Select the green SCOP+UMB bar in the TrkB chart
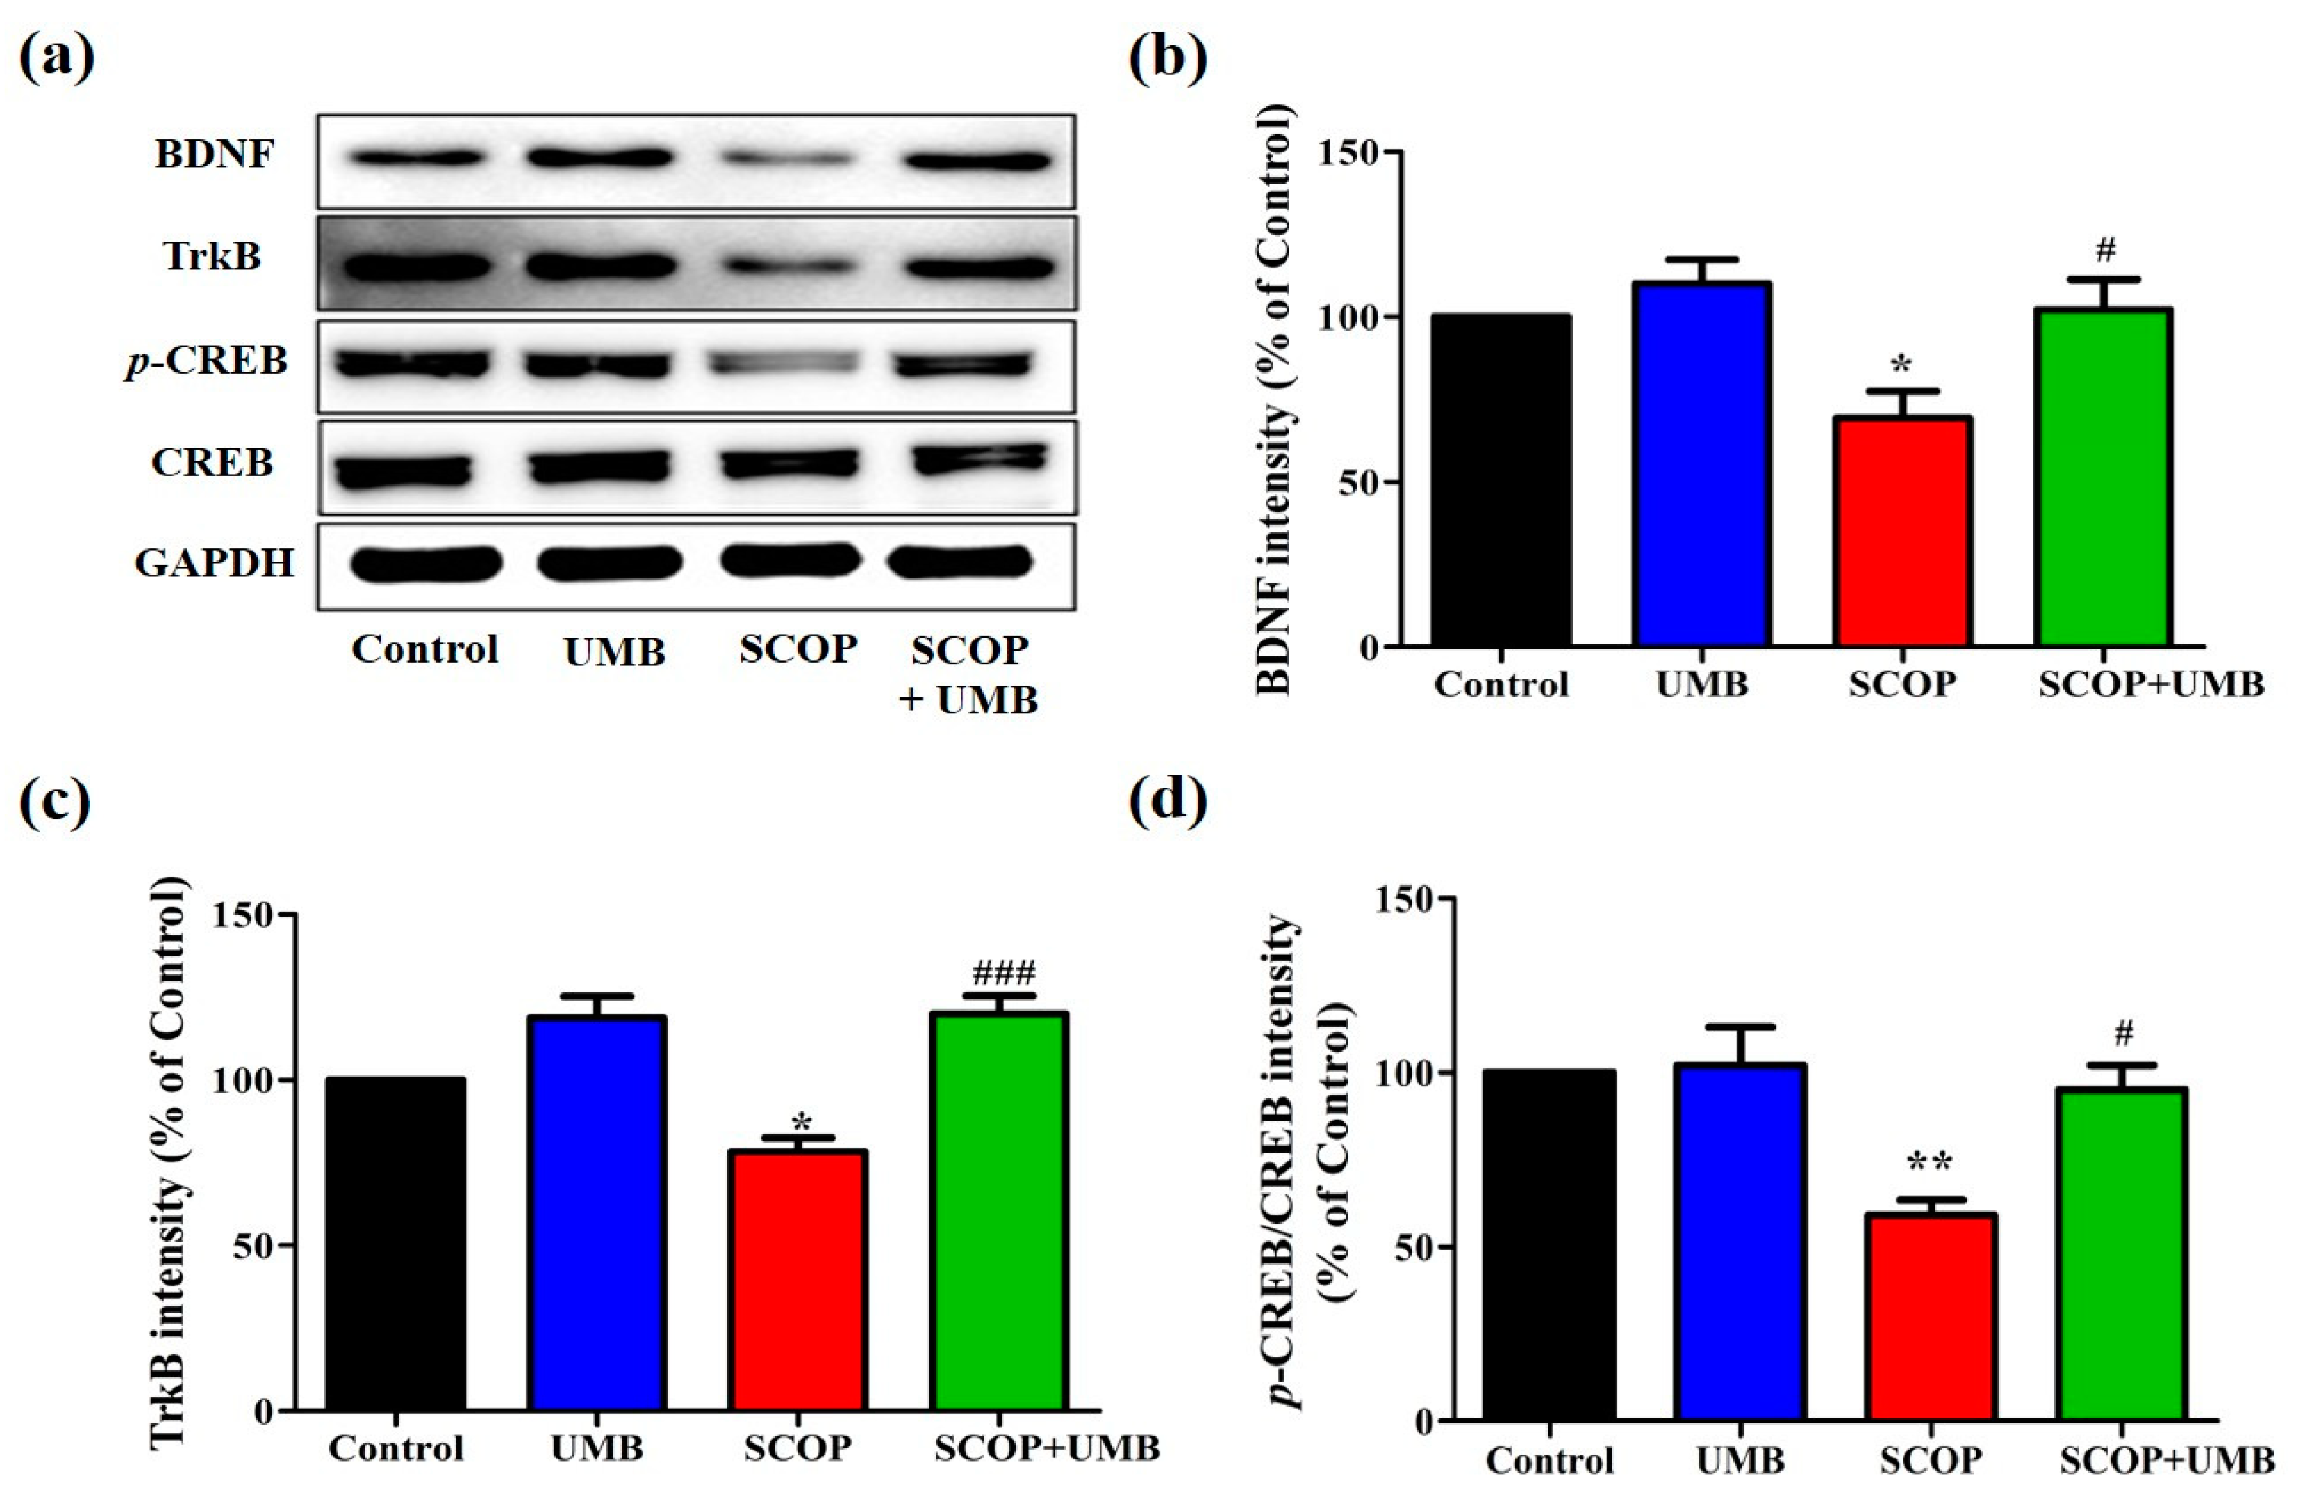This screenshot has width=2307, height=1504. [x=998, y=1211]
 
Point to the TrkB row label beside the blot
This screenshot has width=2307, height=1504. [x=212, y=257]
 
